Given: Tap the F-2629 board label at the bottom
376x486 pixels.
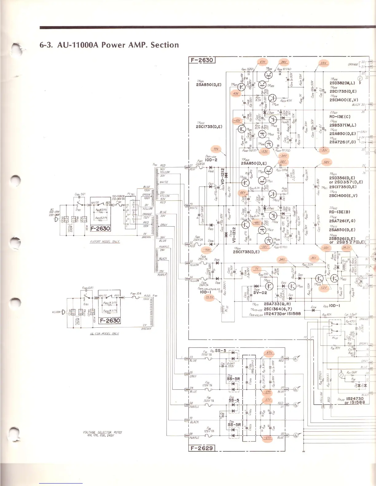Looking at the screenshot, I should [201, 448].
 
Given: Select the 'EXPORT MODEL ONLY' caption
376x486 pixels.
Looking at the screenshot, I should [105, 242].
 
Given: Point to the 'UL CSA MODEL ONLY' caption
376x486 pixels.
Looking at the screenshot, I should [104, 334].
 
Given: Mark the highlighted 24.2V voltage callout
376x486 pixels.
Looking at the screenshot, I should [346, 247].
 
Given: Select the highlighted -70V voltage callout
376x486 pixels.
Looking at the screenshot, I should [207, 250].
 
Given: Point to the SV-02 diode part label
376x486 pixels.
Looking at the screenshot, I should [261, 293].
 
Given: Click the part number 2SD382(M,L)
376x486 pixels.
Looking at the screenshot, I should [343, 83].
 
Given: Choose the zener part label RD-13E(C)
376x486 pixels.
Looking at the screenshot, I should [340, 117].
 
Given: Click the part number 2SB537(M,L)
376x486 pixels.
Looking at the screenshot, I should [343, 125].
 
